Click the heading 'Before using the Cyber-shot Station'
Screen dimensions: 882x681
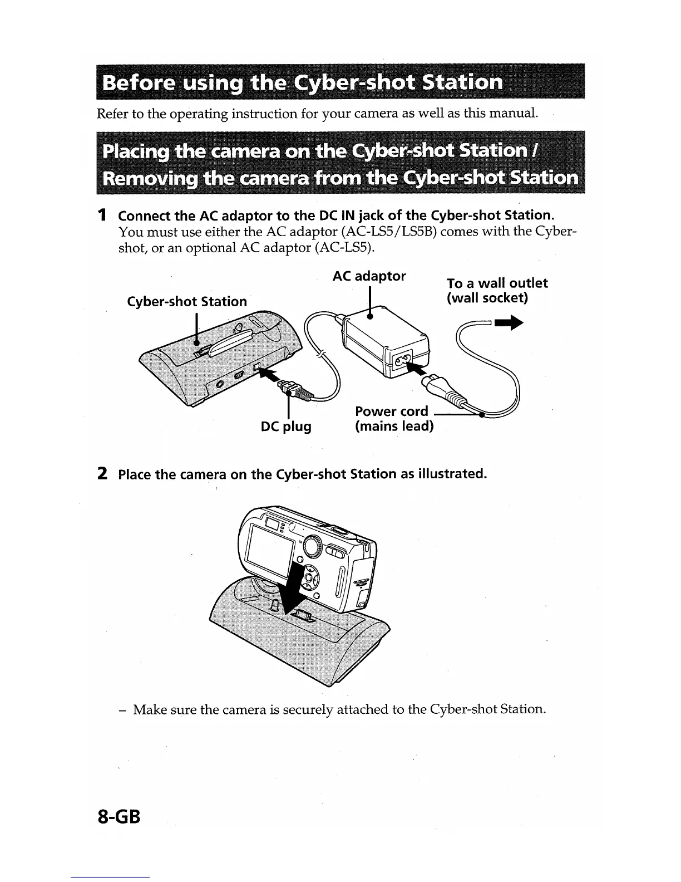[x=303, y=83]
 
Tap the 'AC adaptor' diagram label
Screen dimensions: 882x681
[x=369, y=276]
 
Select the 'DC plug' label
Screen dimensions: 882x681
[x=286, y=427]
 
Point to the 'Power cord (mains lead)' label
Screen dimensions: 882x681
[x=393, y=419]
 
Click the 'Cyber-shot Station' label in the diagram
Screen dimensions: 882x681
[x=187, y=301]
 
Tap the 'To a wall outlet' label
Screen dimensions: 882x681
[x=497, y=283]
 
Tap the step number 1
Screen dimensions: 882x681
[x=102, y=215]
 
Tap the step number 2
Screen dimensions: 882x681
[x=102, y=474]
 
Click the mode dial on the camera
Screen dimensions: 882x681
[x=312, y=545]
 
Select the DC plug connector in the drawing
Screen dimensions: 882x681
[x=295, y=388]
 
